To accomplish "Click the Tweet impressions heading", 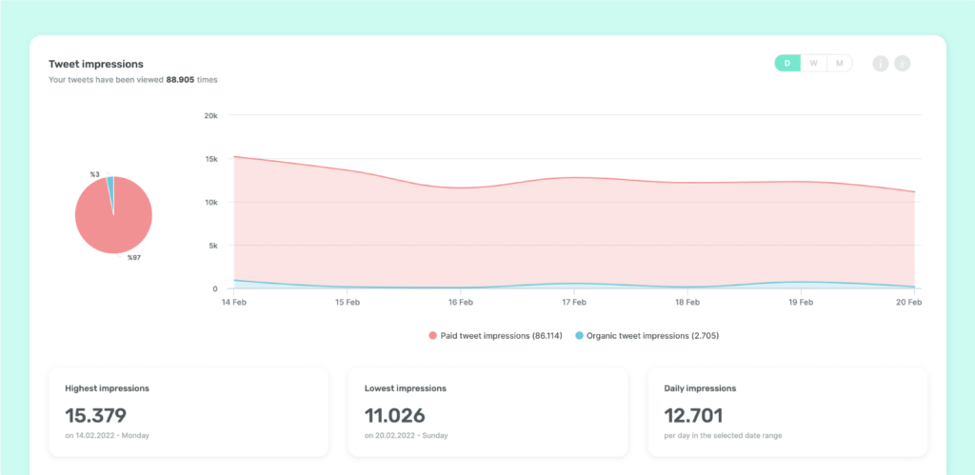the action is [96, 64].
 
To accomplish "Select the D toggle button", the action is [787, 63].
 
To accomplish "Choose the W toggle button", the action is [813, 63].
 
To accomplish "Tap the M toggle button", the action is [840, 63].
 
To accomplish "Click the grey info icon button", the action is [881, 64].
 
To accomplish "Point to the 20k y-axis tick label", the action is [210, 115].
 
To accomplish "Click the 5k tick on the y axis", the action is [212, 246].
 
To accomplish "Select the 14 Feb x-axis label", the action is [233, 302].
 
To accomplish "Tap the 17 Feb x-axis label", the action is [574, 302].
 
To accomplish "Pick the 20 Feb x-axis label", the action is [909, 302].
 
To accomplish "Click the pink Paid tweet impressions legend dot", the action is [433, 336].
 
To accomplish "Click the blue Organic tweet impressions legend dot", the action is [580, 336].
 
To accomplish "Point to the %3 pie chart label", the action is [94, 175].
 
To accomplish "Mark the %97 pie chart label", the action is [134, 257].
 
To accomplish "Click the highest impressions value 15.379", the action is [96, 415].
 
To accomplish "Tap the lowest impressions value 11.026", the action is [395, 415].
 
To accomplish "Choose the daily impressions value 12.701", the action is [693, 415].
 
